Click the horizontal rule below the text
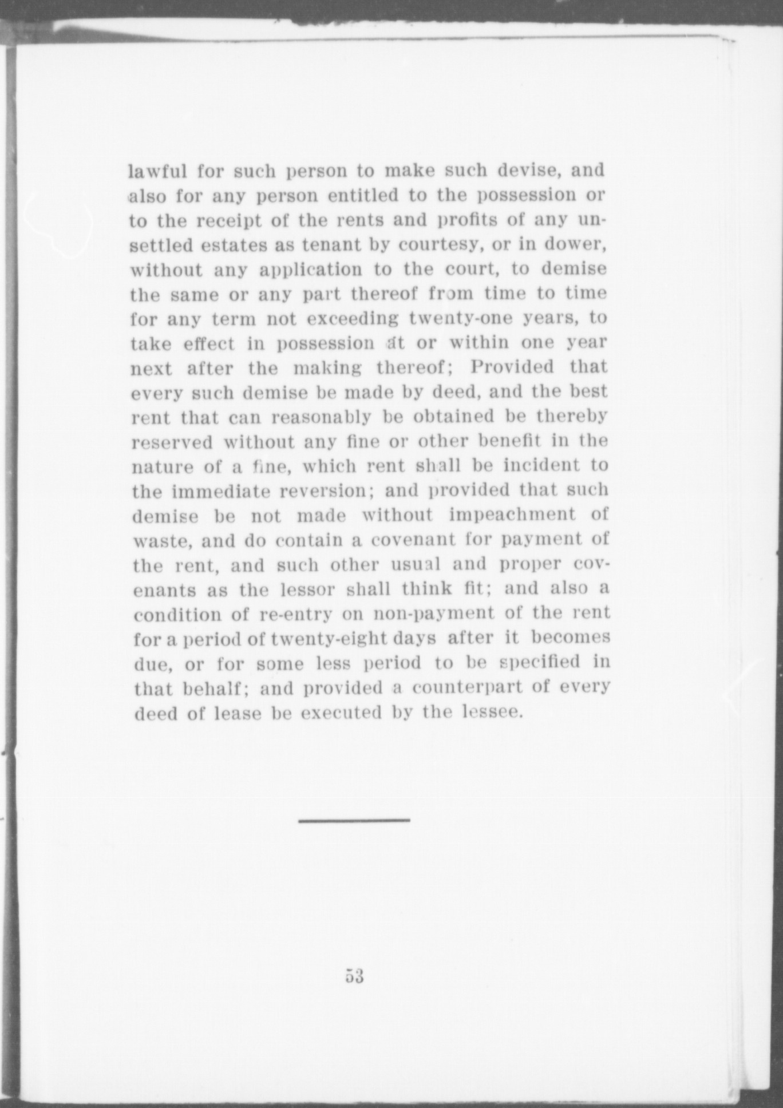[x=354, y=820]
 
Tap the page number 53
[x=354, y=976]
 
